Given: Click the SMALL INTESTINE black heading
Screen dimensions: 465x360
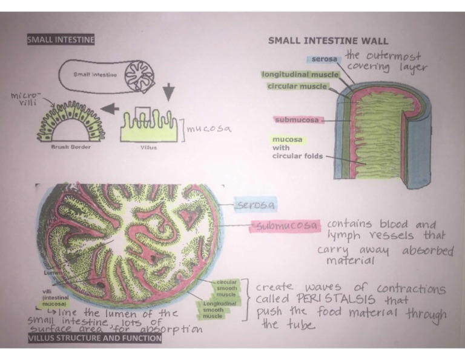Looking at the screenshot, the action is click(61, 41).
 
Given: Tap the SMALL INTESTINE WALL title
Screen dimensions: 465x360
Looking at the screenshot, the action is click(320, 41).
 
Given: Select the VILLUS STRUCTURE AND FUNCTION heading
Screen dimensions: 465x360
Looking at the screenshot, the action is click(95, 338).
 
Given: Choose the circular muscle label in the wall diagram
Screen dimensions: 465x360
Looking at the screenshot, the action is click(296, 87).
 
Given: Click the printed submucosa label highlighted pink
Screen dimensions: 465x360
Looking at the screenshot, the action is click(297, 119).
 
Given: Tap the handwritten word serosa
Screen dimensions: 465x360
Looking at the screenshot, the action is click(254, 205).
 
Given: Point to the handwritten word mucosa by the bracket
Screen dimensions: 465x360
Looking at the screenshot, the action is click(209, 128).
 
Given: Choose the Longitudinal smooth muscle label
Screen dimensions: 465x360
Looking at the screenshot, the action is click(216, 310).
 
